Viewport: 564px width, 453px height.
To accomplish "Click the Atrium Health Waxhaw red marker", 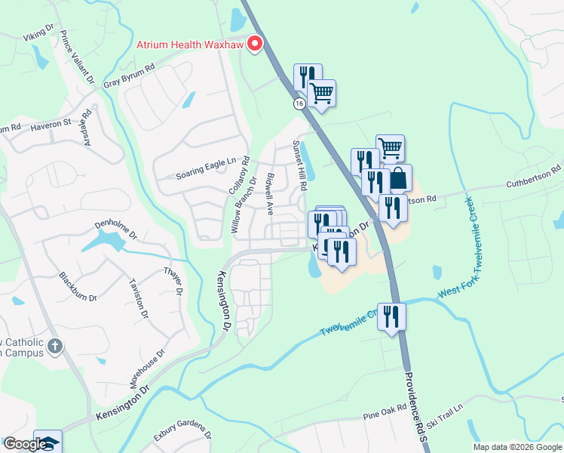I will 255,44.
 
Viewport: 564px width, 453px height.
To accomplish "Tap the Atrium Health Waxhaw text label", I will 192,44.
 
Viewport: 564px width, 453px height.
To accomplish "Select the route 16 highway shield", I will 299,103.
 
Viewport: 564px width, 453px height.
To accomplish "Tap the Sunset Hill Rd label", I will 301,165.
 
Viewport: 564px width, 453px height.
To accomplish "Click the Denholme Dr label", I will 115,224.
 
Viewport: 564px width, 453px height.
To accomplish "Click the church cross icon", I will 54,347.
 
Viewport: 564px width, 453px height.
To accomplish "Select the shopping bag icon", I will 400,179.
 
